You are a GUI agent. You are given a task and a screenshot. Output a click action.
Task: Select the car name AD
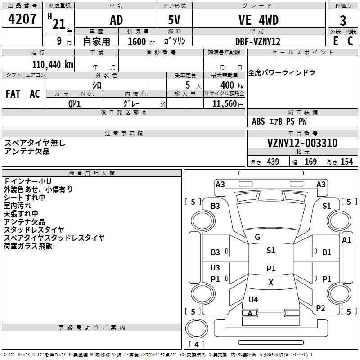[x=116, y=20]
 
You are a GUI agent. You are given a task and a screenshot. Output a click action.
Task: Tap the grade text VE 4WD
[x=258, y=20]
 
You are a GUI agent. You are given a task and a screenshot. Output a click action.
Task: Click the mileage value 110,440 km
[x=53, y=64]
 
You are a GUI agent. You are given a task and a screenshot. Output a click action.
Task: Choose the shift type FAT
[x=13, y=94]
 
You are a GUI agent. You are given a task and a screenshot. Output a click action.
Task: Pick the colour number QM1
[x=75, y=103]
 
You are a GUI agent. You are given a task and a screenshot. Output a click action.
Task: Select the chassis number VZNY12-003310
[x=302, y=143]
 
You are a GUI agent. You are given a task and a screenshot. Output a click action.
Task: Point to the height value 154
[x=346, y=162]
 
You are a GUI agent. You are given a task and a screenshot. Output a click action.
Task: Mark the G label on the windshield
[x=257, y=237]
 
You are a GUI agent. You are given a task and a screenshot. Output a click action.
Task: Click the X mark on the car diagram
[x=271, y=283]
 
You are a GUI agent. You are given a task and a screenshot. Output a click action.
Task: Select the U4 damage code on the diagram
[x=253, y=299]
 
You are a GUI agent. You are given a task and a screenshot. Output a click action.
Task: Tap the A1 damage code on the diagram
[x=346, y=240]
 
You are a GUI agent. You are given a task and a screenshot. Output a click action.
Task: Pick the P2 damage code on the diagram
[x=320, y=308]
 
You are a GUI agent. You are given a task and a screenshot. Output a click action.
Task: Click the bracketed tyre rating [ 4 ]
[x=196, y=344]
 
